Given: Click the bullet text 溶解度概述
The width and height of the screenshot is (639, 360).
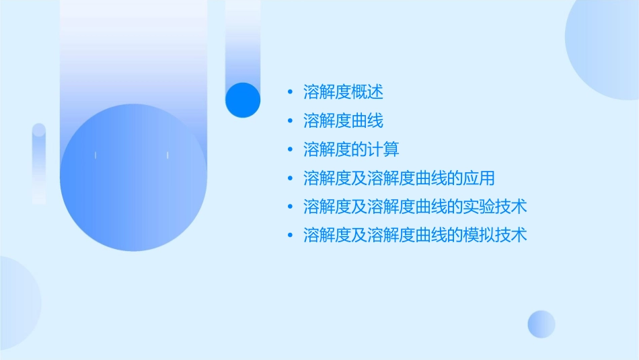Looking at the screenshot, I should [343, 92].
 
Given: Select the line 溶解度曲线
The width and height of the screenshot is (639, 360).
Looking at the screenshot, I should [343, 121].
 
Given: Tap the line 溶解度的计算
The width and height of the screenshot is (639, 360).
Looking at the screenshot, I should [351, 149].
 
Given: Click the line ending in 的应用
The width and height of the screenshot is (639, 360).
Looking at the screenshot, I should [399, 178].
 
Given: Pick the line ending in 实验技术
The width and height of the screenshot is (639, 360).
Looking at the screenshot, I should [415, 207].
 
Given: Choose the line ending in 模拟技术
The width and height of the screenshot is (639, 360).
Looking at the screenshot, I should [415, 235].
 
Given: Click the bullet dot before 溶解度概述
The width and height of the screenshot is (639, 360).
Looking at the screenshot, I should [290, 92].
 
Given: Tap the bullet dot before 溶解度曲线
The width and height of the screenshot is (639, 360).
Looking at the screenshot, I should [290, 121].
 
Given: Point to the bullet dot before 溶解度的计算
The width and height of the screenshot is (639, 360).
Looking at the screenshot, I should [290, 149].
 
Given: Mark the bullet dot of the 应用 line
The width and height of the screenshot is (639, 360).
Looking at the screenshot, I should [290, 178].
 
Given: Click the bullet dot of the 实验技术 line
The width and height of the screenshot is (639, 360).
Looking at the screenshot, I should [290, 207].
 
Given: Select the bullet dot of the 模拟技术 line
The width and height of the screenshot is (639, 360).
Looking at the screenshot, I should [290, 235].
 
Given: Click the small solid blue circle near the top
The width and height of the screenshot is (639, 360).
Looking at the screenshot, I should [243, 100].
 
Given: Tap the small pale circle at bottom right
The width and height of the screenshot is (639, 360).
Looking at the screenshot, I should [541, 324].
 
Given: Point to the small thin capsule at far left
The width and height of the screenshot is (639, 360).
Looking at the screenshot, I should [39, 164].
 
